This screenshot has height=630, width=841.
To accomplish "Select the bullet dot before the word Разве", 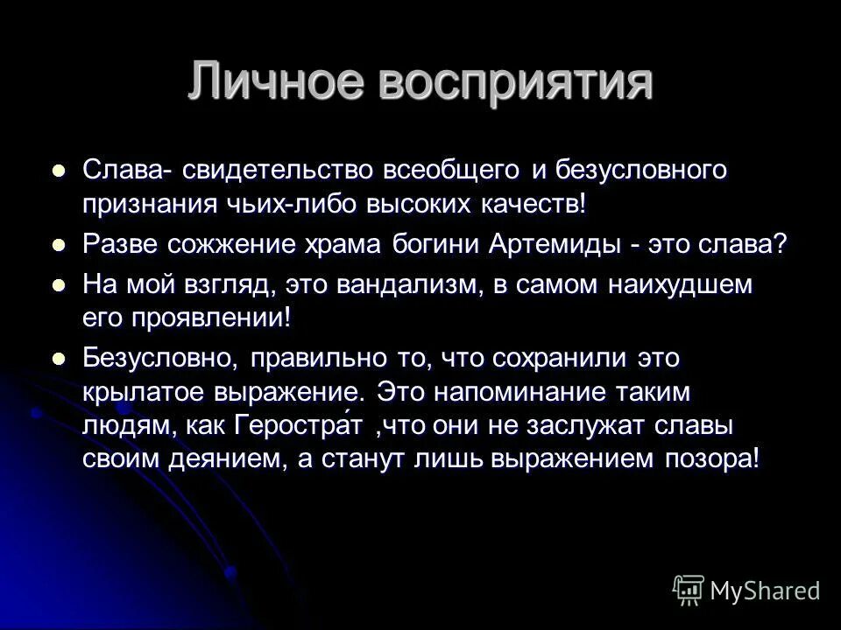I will click(59, 245).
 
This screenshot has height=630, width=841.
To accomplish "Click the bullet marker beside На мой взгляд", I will click(59, 283).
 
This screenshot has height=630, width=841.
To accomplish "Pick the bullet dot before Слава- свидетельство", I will click(59, 171).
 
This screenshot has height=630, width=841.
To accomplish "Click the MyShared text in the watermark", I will click(765, 591).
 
